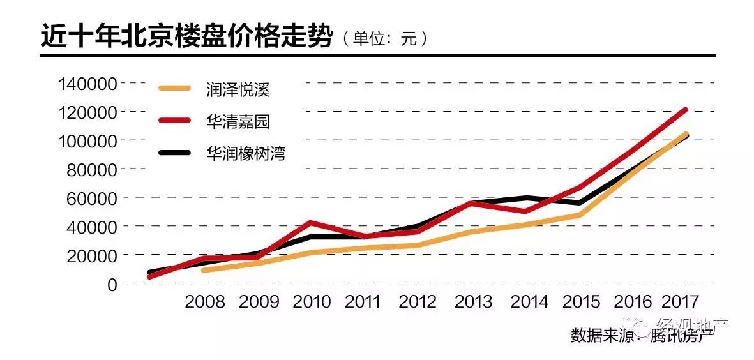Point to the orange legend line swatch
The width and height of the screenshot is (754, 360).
coord(174,89)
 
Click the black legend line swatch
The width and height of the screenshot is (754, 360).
coord(174,153)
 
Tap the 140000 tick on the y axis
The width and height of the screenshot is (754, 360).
coord(87,84)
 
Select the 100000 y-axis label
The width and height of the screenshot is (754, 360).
coord(87,141)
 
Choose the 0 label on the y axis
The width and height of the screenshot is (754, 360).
coord(112,283)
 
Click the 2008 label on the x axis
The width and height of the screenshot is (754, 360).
coord(205,302)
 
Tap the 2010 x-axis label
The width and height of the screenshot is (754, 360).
coord(312,302)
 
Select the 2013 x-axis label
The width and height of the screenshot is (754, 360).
coord(473,302)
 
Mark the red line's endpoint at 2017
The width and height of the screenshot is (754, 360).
coord(685,110)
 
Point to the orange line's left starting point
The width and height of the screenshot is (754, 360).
coord(203,271)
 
